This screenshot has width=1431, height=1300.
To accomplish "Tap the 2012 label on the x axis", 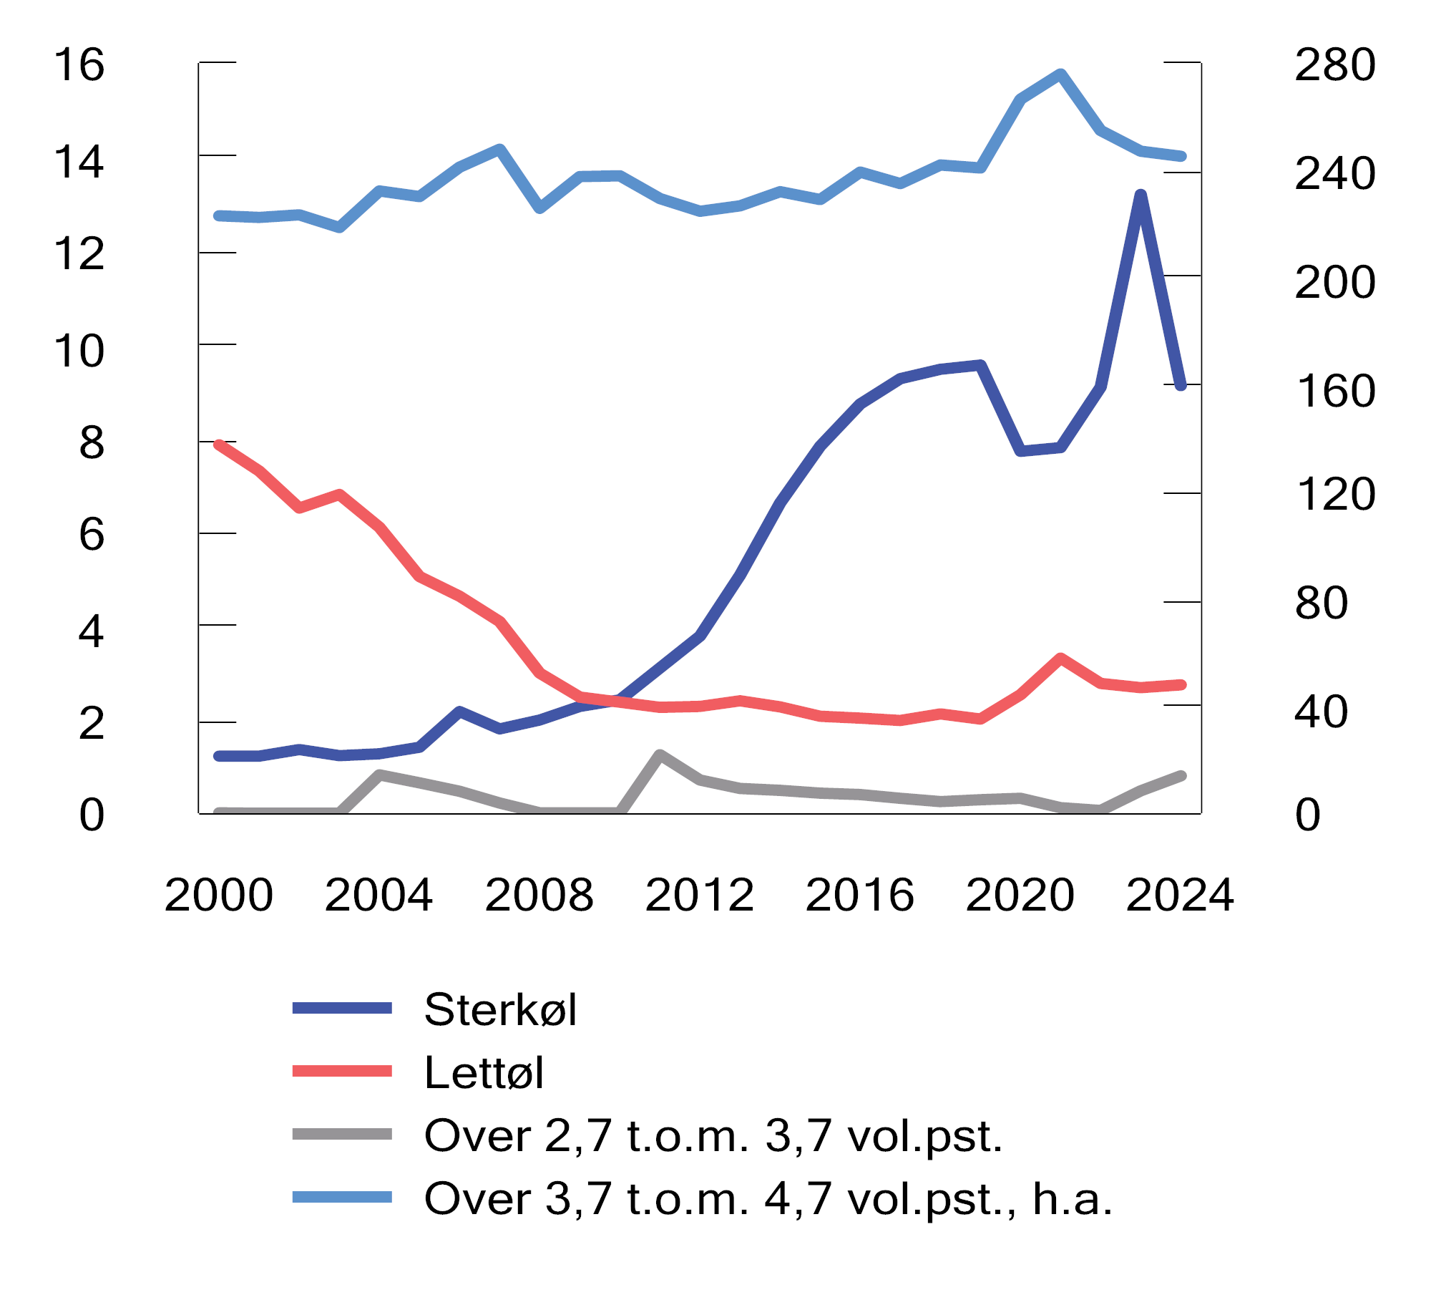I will click(x=699, y=895).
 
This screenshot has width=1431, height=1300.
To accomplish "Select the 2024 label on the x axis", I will click(x=1180, y=895).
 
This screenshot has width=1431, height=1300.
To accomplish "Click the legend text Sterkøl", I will click(x=499, y=1009).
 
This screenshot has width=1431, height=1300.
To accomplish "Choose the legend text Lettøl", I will click(x=483, y=1072).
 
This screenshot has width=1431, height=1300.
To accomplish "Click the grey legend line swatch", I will click(x=342, y=1134).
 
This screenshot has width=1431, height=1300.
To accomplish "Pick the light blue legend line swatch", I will click(x=342, y=1197).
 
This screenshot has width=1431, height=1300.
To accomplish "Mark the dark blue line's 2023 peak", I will click(x=1141, y=195).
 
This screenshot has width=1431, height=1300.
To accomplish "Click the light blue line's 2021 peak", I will click(x=1060, y=74).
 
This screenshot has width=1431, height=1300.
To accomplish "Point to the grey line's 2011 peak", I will click(x=660, y=754).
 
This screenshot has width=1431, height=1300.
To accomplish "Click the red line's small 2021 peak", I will click(x=1060, y=657).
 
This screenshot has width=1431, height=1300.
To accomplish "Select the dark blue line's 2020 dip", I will click(x=1021, y=451).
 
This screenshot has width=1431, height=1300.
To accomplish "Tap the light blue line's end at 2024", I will click(x=1181, y=156).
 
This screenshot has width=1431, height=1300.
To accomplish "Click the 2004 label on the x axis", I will click(x=378, y=895).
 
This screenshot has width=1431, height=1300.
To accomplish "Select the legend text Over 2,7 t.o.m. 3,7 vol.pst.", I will click(x=713, y=1135).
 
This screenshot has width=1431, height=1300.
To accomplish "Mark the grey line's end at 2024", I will click(x=1181, y=776).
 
